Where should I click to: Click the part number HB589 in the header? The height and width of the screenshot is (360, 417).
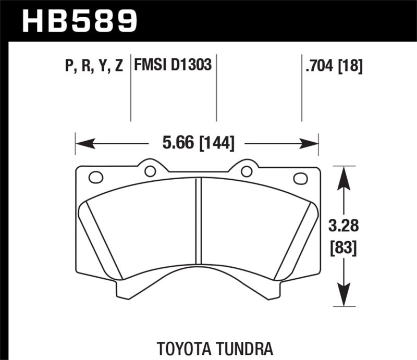pos(80,21)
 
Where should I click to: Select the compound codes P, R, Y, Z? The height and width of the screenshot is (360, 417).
pos(94,66)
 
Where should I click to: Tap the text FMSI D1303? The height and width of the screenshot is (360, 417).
pos(173,66)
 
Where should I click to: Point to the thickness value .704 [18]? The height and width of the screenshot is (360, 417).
pos(332,66)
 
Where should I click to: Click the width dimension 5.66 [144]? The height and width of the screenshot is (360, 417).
pos(197,142)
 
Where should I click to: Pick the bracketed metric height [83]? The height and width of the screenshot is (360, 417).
pos(342,249)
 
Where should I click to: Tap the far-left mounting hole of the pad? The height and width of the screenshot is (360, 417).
pos(96,178)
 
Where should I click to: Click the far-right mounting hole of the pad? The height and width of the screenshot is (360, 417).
pos(300,178)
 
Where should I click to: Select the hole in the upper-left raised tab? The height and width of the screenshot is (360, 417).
pos(150,171)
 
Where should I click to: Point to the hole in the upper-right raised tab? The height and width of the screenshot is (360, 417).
pos(247,171)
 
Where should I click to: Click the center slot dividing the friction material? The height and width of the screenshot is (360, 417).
pos(198,221)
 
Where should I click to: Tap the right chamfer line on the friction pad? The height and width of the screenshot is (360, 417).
pos(296,240)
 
